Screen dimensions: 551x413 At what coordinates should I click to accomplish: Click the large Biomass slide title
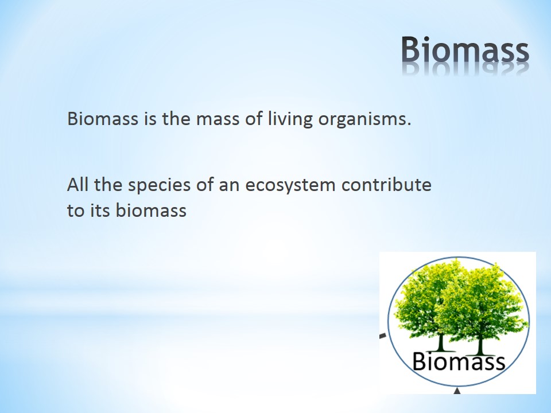pyautogui.click(x=465, y=49)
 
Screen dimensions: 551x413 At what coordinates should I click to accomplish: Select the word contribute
pyautogui.click(x=386, y=185)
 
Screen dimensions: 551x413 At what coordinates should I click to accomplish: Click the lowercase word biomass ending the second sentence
pyautogui.click(x=151, y=211)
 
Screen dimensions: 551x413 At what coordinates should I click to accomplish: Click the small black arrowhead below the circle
pyautogui.click(x=457, y=391)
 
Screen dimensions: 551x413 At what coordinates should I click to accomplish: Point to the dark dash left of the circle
pyautogui.click(x=383, y=336)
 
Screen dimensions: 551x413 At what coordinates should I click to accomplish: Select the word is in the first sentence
pyautogui.click(x=150, y=119)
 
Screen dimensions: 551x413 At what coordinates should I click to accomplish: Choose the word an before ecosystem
pyautogui.click(x=229, y=186)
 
